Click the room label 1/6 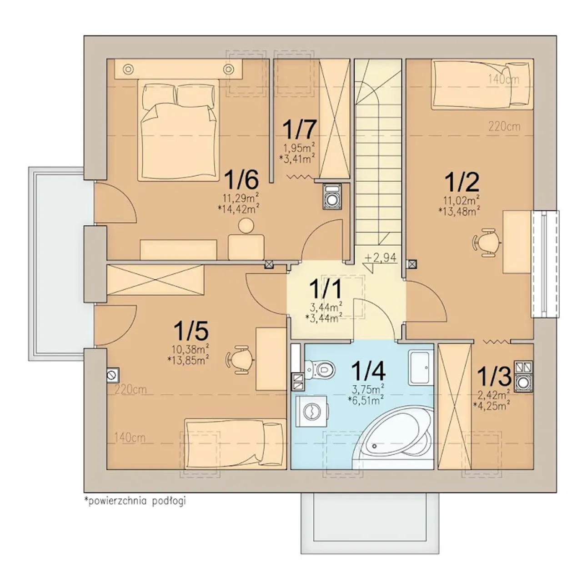tap(241, 179)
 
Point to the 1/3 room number tap(494, 377)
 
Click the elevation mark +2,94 tap(381, 258)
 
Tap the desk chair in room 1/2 tap(486, 243)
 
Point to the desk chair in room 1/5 tap(240, 360)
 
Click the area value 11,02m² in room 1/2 tap(459, 200)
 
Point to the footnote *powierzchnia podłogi tap(135, 501)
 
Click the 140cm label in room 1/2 tap(504, 79)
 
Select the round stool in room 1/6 tap(246, 225)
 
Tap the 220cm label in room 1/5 tap(130, 390)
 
